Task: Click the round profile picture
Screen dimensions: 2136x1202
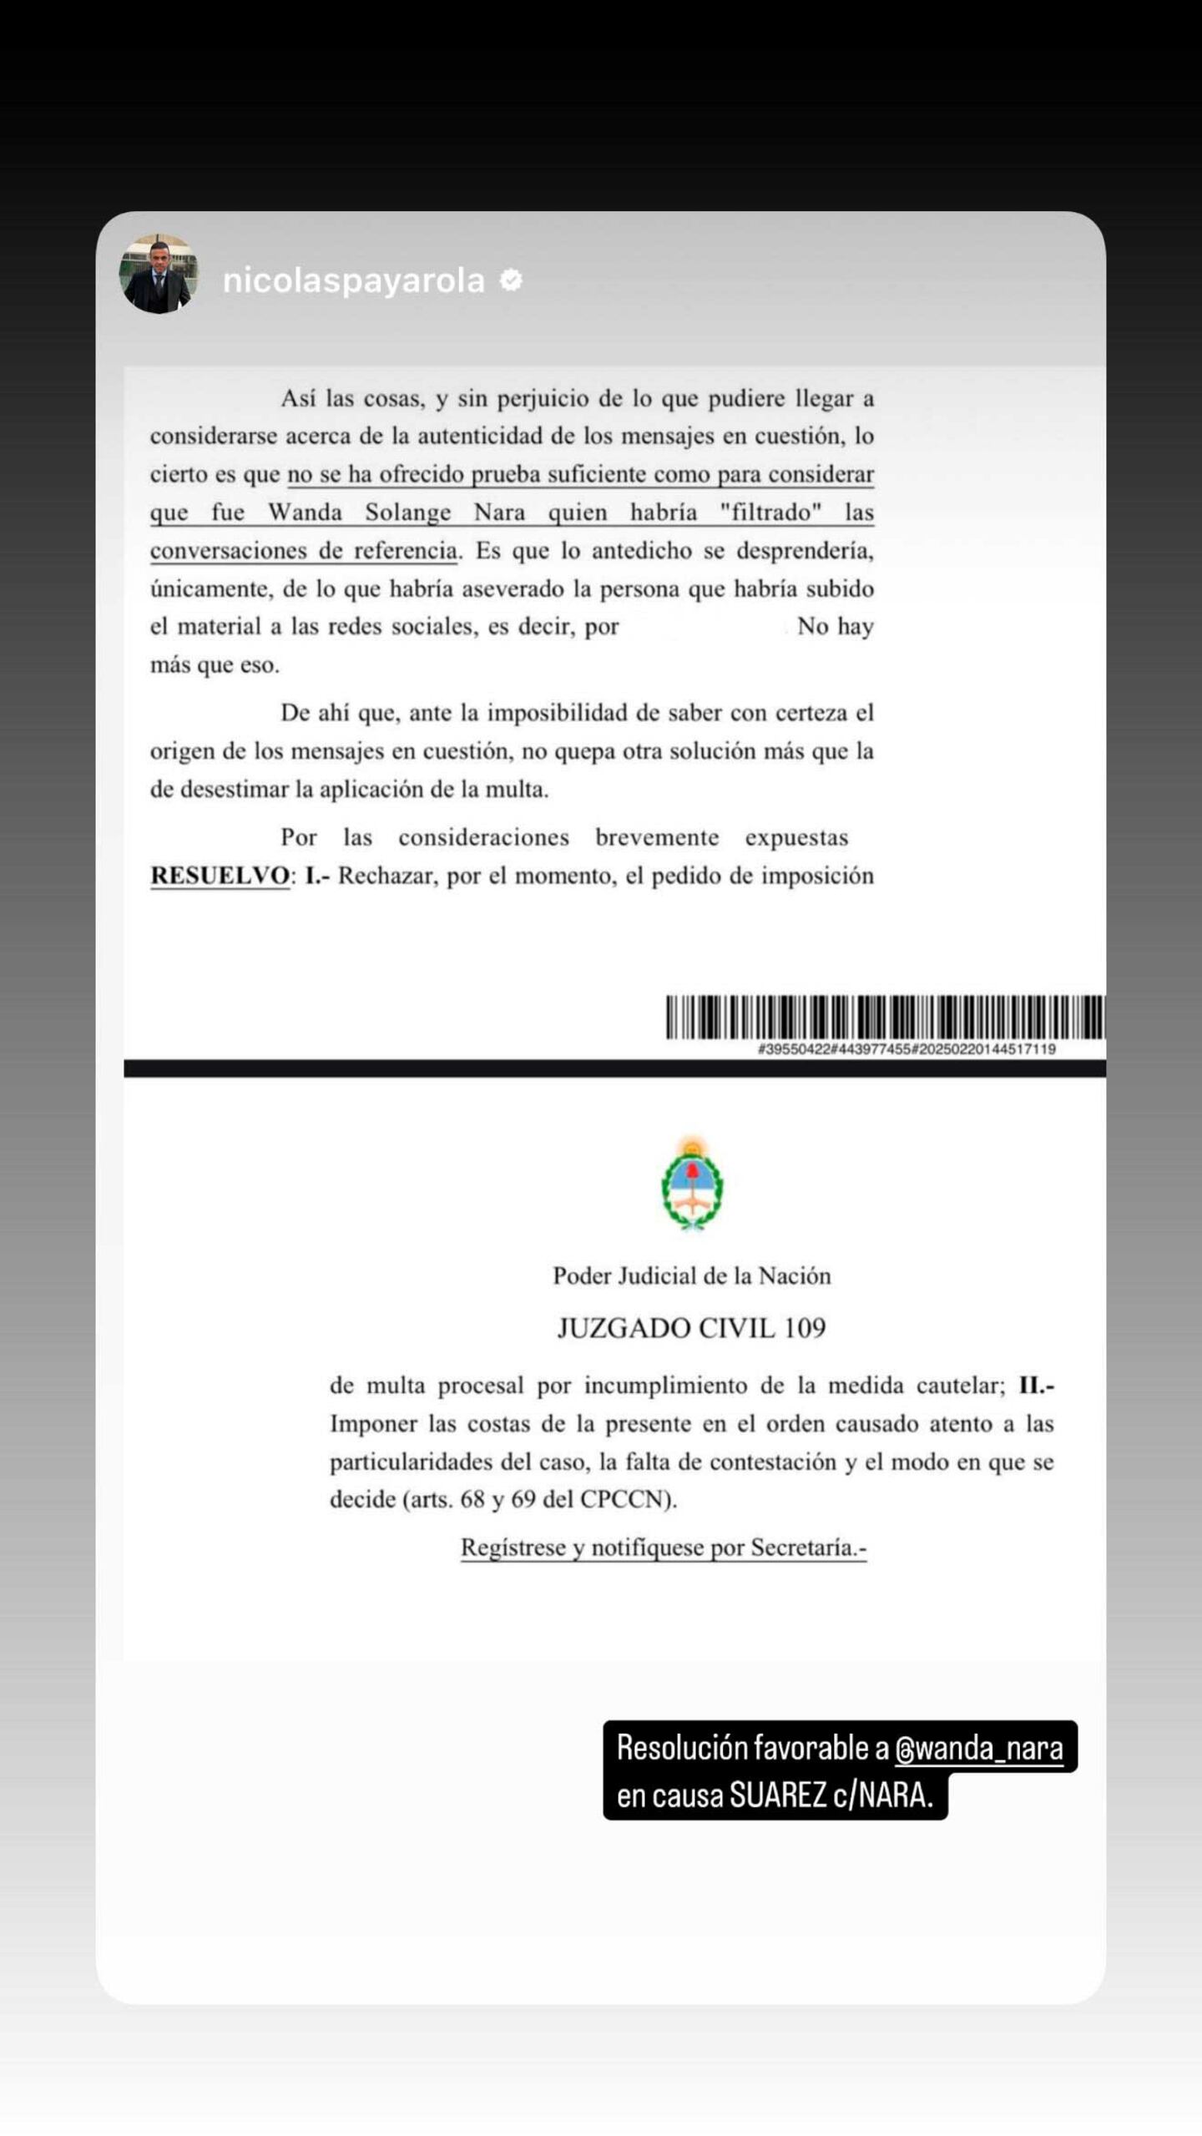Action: pyautogui.click(x=159, y=274)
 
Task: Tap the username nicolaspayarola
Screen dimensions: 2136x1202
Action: pyautogui.click(x=353, y=281)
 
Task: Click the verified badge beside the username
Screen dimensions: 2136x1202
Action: pyautogui.click(x=511, y=280)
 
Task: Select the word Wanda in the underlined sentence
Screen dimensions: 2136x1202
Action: pyautogui.click(x=305, y=512)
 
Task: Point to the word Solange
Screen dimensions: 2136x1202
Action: pyautogui.click(x=407, y=512)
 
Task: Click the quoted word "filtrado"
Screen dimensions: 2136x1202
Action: pyautogui.click(x=770, y=512)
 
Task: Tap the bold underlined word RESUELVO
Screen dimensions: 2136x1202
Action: pyautogui.click(x=220, y=876)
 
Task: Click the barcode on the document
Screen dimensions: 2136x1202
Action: pyautogui.click(x=885, y=1016)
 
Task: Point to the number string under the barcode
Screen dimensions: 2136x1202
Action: pyautogui.click(x=906, y=1049)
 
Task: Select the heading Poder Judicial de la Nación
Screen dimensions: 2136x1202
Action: pyautogui.click(x=692, y=1275)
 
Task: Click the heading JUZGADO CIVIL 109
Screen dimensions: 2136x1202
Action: pyautogui.click(x=692, y=1328)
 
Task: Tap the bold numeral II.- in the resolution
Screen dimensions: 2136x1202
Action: pyautogui.click(x=1036, y=1386)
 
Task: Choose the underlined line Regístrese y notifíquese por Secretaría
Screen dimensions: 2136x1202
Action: pyautogui.click(x=664, y=1548)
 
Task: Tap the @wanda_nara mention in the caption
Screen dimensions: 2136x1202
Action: pyautogui.click(x=978, y=1748)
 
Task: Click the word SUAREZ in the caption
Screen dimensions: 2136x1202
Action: pyautogui.click(x=777, y=1795)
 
